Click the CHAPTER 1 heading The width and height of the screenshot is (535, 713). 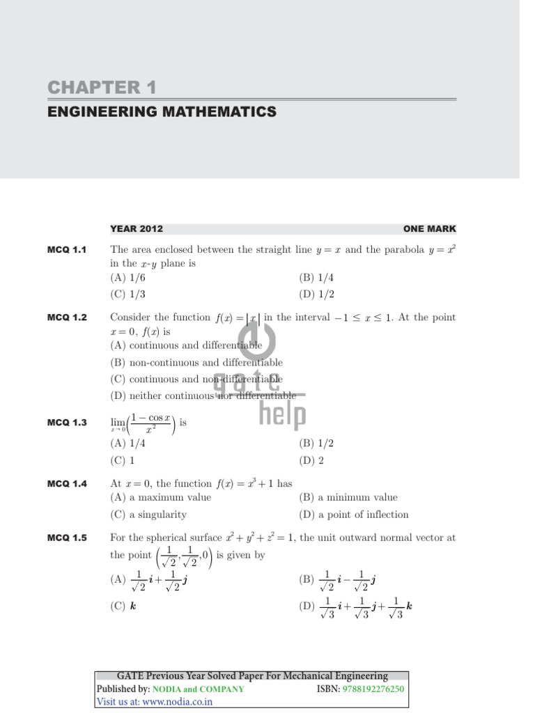pyautogui.click(x=102, y=88)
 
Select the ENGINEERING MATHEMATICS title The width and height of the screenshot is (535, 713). pyautogui.click(x=162, y=112)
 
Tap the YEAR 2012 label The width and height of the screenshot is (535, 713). pyautogui.click(x=137, y=228)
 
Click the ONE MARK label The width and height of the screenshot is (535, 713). pyautogui.click(x=429, y=228)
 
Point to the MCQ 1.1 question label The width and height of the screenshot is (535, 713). pyautogui.click(x=67, y=250)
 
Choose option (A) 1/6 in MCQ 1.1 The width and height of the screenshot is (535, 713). pyautogui.click(x=128, y=277)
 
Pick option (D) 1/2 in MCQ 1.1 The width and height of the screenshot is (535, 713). pyautogui.click(x=317, y=294)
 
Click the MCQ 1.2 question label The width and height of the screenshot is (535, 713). pyautogui.click(x=67, y=318)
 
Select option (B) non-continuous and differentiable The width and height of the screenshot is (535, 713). pyautogui.click(x=196, y=363)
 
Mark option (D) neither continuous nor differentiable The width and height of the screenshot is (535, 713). pyautogui.click(x=203, y=396)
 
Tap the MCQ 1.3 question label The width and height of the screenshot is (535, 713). pyautogui.click(x=67, y=423)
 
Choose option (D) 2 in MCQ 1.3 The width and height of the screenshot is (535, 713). pyautogui.click(x=311, y=460)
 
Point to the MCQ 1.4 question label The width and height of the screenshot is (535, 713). pyautogui.click(x=67, y=484)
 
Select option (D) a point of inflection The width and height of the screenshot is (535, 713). pyautogui.click(x=354, y=515)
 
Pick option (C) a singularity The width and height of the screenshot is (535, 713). pyautogui.click(x=148, y=515)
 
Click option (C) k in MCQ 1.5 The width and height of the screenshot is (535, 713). pyautogui.click(x=123, y=606)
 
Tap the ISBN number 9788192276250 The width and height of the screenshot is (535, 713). pyautogui.click(x=373, y=689)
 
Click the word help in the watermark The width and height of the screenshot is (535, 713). pyautogui.click(x=282, y=416)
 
